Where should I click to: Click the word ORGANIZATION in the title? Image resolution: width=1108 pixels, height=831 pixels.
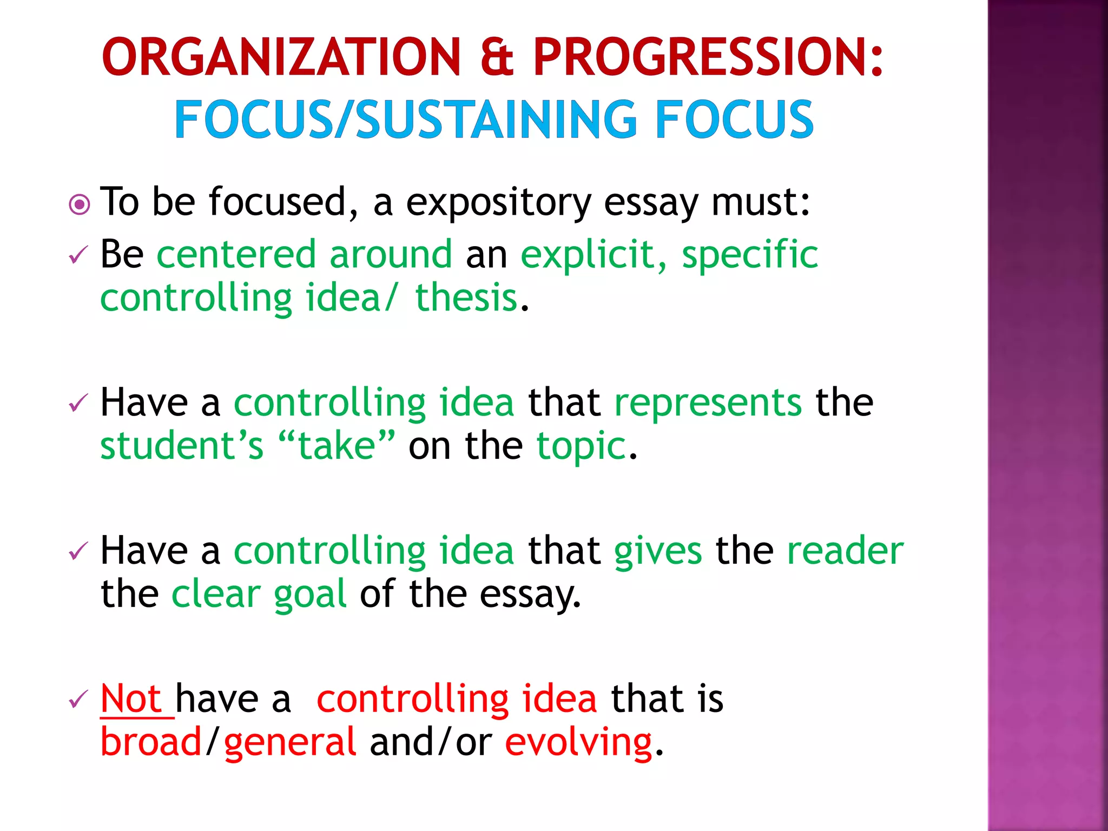pos(281,57)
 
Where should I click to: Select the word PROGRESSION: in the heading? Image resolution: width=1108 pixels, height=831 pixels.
pos(708,57)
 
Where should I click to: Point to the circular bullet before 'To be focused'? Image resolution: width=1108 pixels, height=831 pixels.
pos(80,205)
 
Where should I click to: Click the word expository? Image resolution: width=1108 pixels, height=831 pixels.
pos(498,203)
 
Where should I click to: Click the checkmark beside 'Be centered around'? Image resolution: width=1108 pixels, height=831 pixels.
pos(78,255)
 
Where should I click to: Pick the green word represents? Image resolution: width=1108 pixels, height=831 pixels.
pos(708,403)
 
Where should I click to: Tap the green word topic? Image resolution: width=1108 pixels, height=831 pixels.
pos(581,446)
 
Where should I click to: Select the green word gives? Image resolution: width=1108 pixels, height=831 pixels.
pos(658,551)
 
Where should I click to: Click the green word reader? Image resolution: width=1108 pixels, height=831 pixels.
pos(845,551)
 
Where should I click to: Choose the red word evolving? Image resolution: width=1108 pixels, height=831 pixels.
pos(578,742)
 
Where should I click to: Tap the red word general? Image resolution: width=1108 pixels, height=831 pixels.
pos(290,742)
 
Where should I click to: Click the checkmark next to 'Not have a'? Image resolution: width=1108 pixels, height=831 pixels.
pos(78,700)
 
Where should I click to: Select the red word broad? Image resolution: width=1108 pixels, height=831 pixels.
pos(151,742)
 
